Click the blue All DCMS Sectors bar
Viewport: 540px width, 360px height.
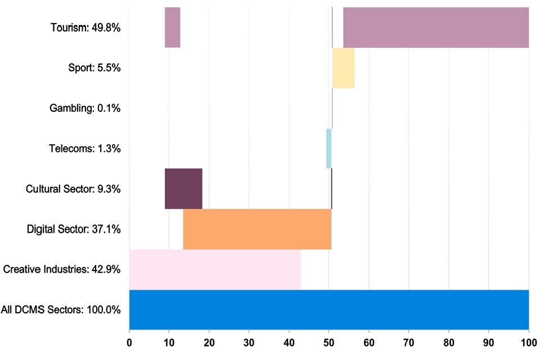329,309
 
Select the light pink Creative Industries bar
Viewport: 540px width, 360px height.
215,269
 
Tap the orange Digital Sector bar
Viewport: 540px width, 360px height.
257,229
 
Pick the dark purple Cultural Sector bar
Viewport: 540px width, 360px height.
183,188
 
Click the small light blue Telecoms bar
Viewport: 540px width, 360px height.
328,148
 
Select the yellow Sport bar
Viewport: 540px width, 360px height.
343,68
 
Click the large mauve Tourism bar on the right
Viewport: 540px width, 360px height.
436,28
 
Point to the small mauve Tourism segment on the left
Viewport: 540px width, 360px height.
172,28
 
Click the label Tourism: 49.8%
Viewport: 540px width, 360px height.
85,28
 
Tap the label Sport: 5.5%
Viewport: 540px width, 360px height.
94,68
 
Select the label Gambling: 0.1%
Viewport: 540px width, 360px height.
85,108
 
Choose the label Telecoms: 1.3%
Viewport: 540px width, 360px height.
85,148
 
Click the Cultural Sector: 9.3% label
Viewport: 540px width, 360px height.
73,189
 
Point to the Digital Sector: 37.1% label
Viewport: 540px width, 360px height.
74,229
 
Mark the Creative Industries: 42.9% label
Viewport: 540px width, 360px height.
62,269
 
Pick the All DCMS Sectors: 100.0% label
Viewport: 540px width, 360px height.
61,309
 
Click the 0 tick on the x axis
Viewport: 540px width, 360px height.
129,343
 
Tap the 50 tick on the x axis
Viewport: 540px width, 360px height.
329,343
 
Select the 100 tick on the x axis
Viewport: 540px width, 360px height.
529,343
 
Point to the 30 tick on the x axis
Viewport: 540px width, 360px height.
249,343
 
